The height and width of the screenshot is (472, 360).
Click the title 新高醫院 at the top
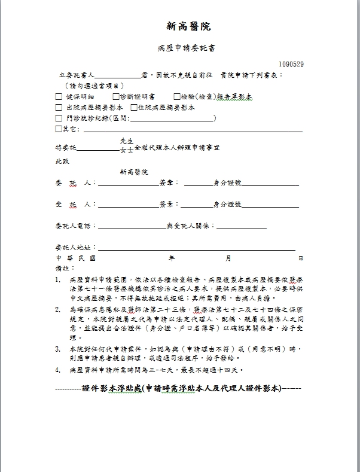click(x=188, y=26)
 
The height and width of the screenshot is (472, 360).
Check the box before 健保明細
click(x=59, y=97)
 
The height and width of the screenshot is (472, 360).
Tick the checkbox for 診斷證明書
click(x=115, y=97)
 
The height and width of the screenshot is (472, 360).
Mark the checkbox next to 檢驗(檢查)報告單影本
click(x=177, y=97)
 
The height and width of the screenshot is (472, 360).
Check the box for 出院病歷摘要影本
click(x=59, y=108)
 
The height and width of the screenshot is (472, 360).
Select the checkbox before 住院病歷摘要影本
click(x=133, y=108)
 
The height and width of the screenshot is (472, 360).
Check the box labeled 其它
click(x=58, y=129)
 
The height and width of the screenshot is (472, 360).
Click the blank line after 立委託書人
click(x=118, y=77)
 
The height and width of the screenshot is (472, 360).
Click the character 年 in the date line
click(x=172, y=258)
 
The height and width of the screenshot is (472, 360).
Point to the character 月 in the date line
click(x=228, y=258)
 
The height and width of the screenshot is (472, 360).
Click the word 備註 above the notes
click(x=62, y=268)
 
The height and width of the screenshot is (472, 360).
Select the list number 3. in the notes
click(x=58, y=348)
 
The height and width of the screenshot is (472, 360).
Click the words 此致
click(x=62, y=162)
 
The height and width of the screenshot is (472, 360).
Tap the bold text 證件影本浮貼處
click(x=112, y=388)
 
